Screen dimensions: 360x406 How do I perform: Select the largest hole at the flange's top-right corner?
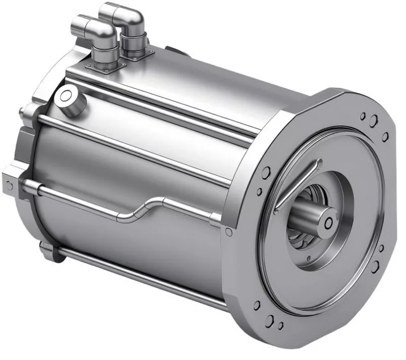[x=374, y=121]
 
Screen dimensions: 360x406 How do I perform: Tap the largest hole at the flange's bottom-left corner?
[x=270, y=320]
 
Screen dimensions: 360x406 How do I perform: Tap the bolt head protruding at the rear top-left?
[x=21, y=111]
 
